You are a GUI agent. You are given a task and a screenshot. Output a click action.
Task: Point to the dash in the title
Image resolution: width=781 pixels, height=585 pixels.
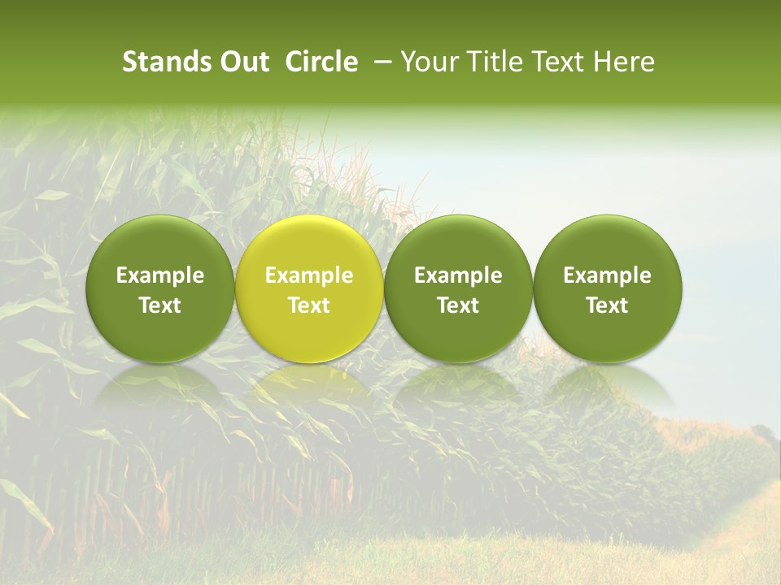coord(379,62)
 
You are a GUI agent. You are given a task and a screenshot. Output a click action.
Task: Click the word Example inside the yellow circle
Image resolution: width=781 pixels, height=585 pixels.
coord(309,275)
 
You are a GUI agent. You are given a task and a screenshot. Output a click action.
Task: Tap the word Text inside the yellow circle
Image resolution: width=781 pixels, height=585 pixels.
coord(309,305)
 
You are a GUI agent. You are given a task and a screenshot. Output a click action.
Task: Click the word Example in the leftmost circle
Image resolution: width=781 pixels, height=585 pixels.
coord(160,275)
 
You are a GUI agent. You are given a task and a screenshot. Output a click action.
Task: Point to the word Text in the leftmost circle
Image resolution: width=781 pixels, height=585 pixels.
coord(160,305)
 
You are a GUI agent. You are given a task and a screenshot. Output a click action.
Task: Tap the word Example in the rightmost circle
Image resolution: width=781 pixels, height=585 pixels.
coord(608,275)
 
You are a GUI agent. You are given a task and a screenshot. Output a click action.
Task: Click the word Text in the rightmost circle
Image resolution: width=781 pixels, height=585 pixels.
coord(608,305)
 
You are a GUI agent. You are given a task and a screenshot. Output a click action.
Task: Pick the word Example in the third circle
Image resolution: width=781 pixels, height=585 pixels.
coord(458,275)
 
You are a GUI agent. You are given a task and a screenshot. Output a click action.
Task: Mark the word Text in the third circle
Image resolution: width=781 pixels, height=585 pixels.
coord(458,305)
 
